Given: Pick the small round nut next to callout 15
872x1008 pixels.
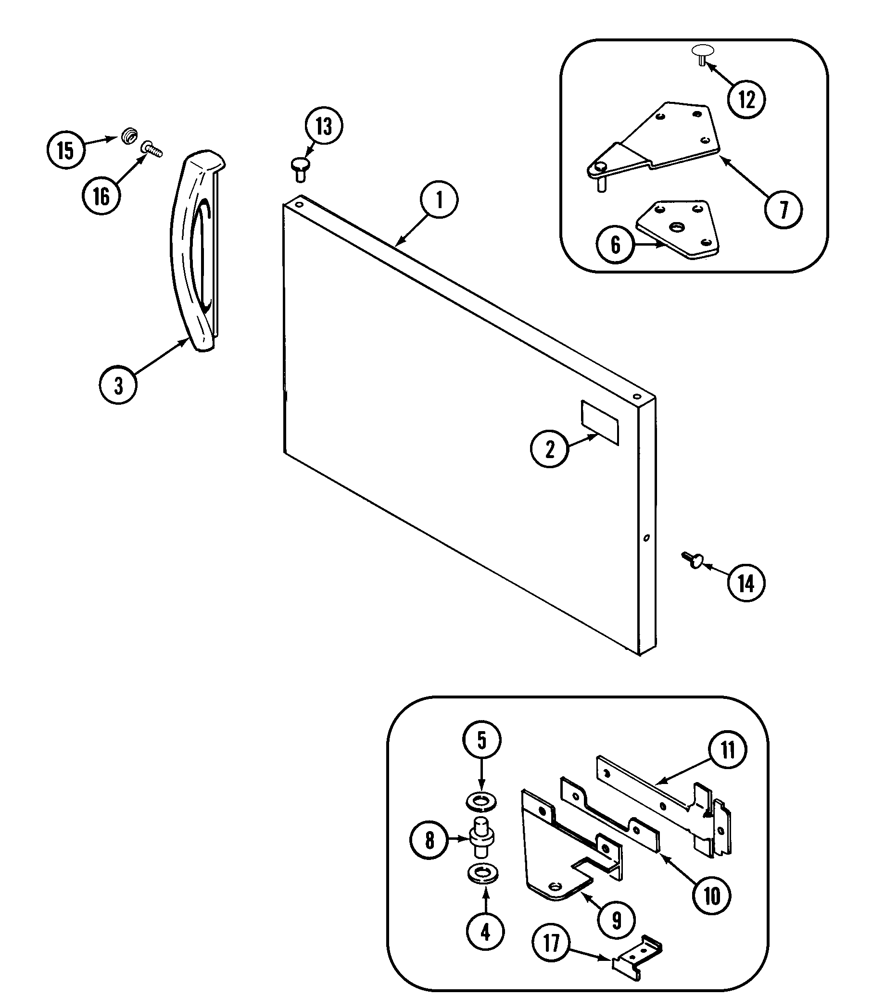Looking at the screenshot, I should [129, 135].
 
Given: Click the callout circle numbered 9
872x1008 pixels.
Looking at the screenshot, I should [617, 920].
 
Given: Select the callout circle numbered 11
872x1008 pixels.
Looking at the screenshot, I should [727, 750].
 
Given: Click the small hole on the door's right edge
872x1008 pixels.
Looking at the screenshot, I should [646, 537].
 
